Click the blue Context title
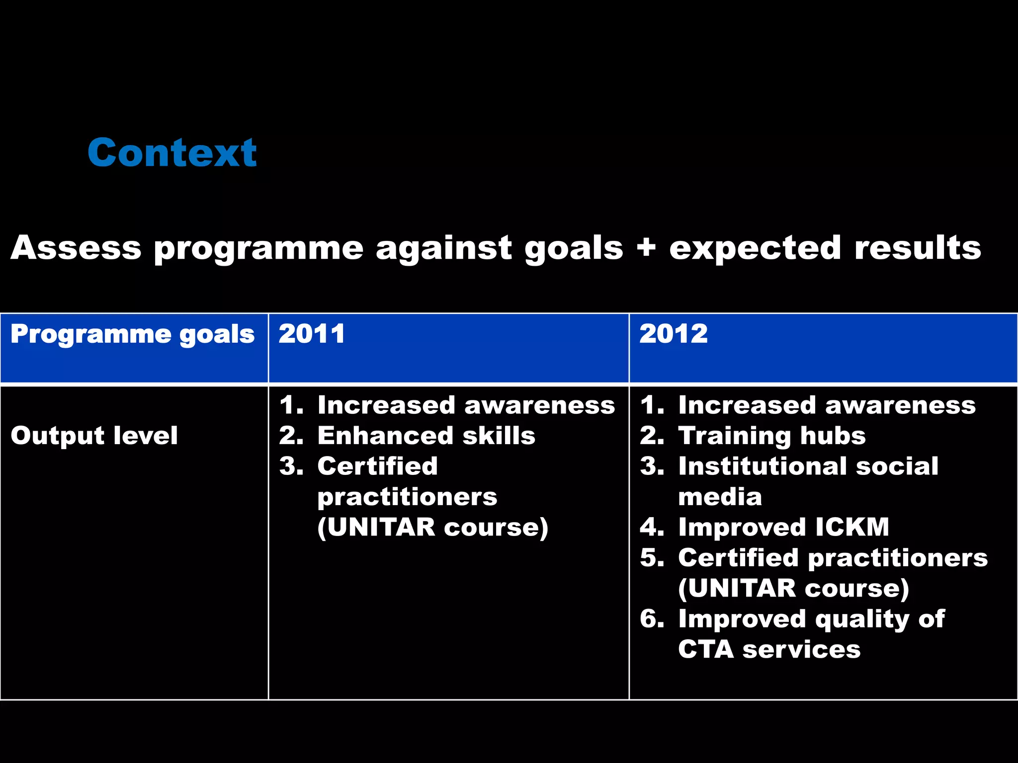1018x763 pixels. pyautogui.click(x=172, y=153)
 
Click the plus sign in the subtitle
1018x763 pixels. pyautogui.click(x=646, y=247)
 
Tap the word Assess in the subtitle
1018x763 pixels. pyautogui.click(x=76, y=247)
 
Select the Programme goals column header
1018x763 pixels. pyautogui.click(x=132, y=334)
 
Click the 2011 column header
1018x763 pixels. pyautogui.click(x=312, y=334)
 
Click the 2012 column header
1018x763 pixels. pyautogui.click(x=673, y=334)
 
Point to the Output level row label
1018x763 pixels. pyautogui.click(x=94, y=436)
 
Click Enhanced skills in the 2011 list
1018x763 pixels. pyautogui.click(x=426, y=436)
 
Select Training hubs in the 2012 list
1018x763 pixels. pyautogui.click(x=771, y=436)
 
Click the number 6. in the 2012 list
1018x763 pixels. pyautogui.click(x=652, y=618)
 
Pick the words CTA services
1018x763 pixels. pyautogui.click(x=769, y=649)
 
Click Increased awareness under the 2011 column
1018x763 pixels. pyautogui.click(x=466, y=405)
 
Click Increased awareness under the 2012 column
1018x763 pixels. pyautogui.click(x=827, y=405)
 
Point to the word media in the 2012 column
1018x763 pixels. pyautogui.click(x=720, y=497)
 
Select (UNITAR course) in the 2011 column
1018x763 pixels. pyautogui.click(x=432, y=527)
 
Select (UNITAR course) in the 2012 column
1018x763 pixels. pyautogui.click(x=793, y=588)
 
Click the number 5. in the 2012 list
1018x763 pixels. pyautogui.click(x=652, y=557)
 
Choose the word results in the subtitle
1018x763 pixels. pyautogui.click(x=918, y=247)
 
